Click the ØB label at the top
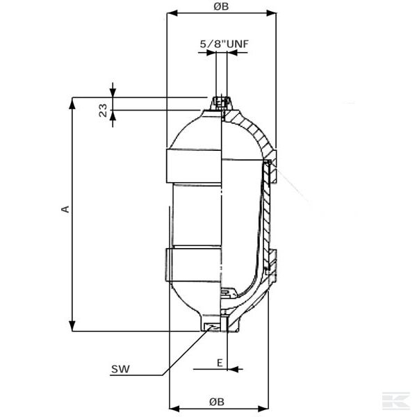coord(221,6)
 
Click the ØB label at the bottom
coord(216,401)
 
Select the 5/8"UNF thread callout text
coord(224,44)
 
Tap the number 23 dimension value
coord(103,110)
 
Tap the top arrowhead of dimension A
coord(72,101)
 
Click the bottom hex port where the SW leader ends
coord(212,325)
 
